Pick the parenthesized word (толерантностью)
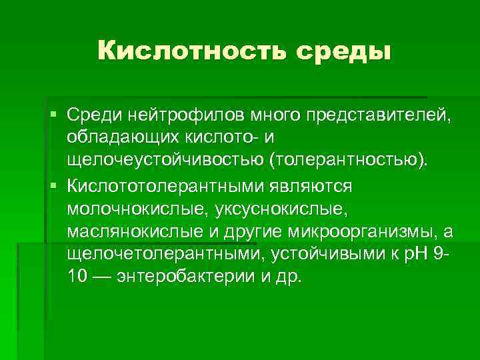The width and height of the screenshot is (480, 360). pyautogui.click(x=347, y=160)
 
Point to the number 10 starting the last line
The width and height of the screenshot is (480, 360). pyautogui.click(x=75, y=275)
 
